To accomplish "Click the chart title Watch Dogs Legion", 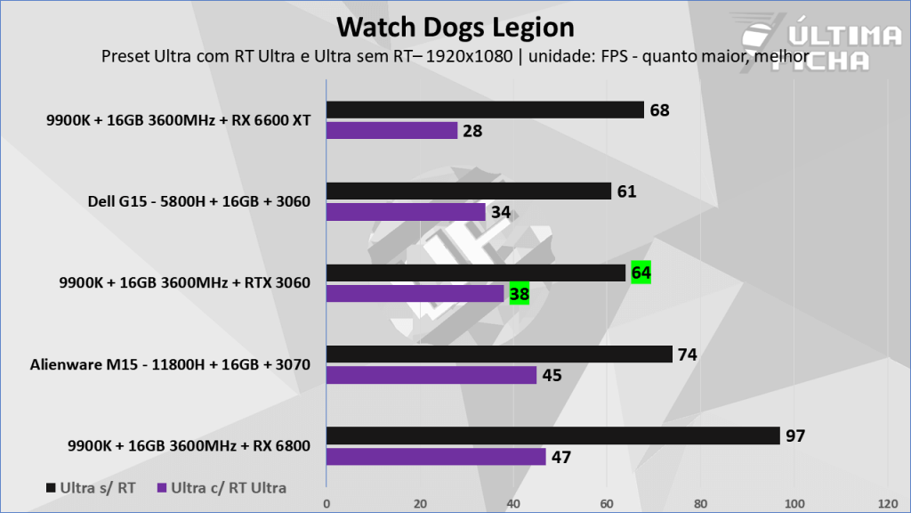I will point(455,27).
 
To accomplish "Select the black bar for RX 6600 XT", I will point(485,110).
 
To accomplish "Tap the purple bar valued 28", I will point(392,131).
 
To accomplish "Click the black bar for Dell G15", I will point(469,191).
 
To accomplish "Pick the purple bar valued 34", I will point(407,212).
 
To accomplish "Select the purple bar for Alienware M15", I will point(431,375).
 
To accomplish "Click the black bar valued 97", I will point(553,436).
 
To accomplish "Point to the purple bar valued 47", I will point(436,457).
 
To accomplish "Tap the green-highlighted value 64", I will point(641,273).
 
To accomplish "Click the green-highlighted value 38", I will point(520,294).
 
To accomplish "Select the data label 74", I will point(687,354).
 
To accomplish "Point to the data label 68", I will point(659,110).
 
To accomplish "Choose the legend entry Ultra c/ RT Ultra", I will point(222,488).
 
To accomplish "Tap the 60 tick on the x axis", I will point(607,502).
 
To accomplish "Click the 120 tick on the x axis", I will point(886,502).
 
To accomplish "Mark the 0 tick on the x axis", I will point(327,502).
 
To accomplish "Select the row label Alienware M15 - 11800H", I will point(170,364).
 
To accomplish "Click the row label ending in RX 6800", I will point(189,445).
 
